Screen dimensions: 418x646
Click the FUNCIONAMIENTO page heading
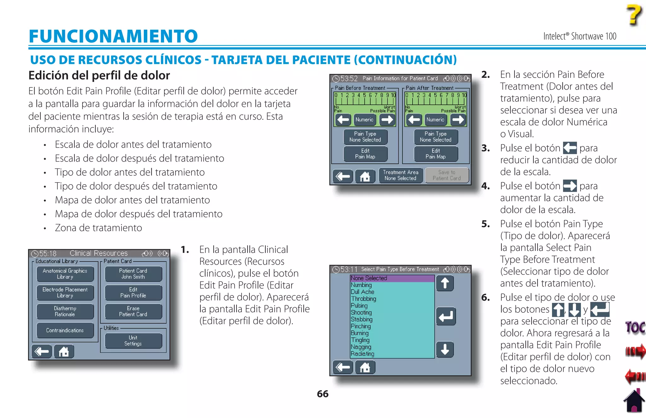[x=113, y=36]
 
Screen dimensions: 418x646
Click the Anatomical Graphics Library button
[x=65, y=274]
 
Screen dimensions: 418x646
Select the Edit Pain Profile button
[x=133, y=292]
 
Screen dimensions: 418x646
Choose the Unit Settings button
[x=133, y=341]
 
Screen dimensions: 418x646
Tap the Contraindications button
[x=65, y=330]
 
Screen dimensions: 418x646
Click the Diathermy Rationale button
[x=65, y=311]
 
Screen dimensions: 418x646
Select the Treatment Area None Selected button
[x=400, y=175]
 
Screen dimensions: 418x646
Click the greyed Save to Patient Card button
[x=446, y=175]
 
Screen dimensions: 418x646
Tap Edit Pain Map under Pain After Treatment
[x=435, y=154]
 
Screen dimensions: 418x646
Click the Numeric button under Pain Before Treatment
[x=364, y=120]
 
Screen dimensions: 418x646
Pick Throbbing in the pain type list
[x=363, y=299]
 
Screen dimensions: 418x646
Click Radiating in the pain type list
[x=362, y=354]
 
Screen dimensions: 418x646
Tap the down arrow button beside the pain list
[x=445, y=350]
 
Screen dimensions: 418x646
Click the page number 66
[x=322, y=394]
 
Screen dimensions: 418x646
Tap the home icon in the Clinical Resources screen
[x=64, y=351]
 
